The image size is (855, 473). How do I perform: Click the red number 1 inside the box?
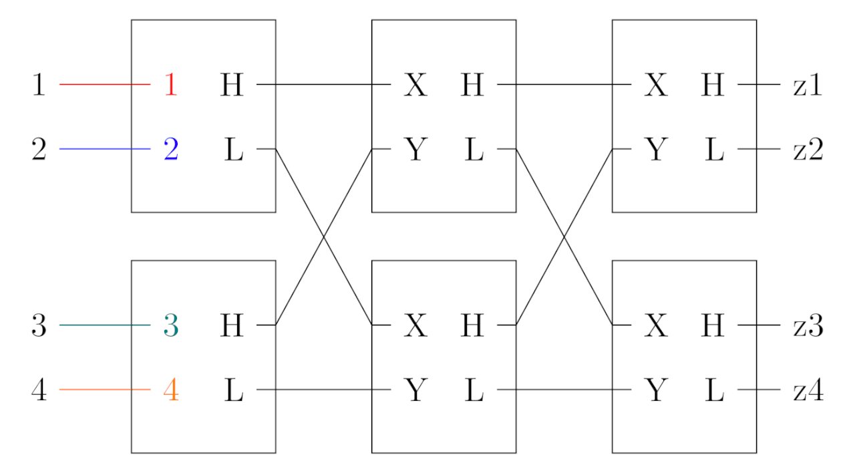pos(171,84)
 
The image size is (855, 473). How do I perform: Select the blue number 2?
pos(171,149)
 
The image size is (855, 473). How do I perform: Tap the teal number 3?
pos(171,325)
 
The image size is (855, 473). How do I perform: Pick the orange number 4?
pos(171,389)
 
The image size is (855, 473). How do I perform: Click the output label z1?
pos(808,85)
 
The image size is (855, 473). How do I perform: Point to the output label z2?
pos(808,149)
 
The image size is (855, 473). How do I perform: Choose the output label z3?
pos(808,325)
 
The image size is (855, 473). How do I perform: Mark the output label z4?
pos(808,390)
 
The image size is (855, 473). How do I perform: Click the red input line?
pos(105,84)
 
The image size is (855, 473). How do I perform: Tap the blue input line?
pos(105,148)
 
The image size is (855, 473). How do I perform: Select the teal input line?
pos(105,325)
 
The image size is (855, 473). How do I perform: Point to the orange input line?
pos(105,389)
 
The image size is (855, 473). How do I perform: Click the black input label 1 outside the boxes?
pos(39,84)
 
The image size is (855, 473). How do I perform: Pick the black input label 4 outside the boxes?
pos(39,389)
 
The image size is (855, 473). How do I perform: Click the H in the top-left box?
pos(232,84)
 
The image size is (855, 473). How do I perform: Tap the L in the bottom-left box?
pos(234,389)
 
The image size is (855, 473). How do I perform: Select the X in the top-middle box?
pos(415,84)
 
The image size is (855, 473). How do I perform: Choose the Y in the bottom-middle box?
pos(415,389)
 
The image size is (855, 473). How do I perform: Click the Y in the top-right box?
pos(656,149)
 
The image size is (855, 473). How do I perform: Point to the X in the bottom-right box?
pos(656,325)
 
